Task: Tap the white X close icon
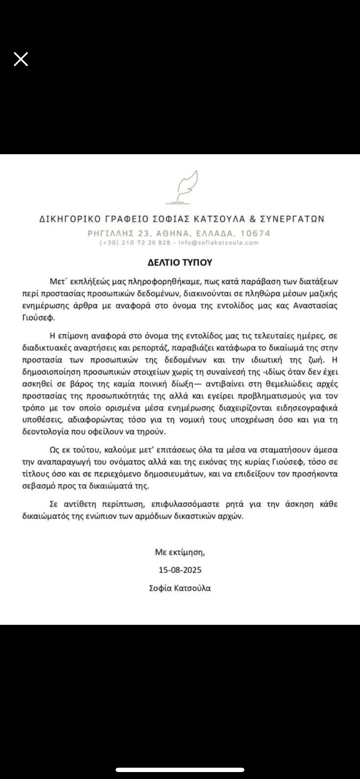point(21,59)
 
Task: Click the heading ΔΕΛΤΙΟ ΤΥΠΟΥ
point(180,262)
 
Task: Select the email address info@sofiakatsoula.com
point(219,243)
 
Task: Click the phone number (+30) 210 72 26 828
point(135,243)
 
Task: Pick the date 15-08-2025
point(180,570)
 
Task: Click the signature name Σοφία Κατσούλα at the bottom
point(180,588)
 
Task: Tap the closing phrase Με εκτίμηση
point(180,552)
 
